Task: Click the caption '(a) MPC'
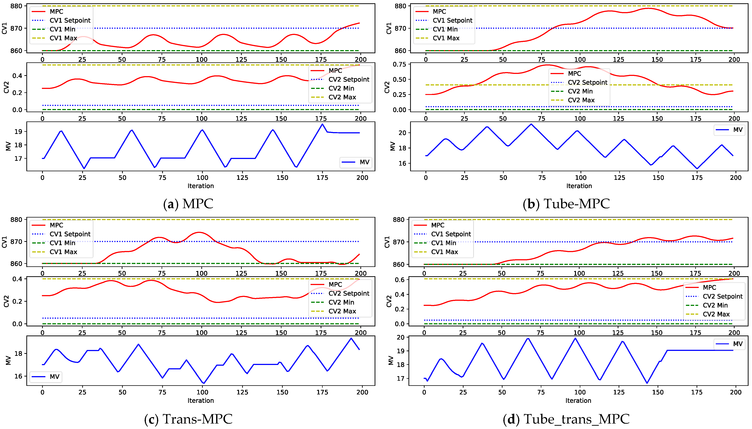click(x=188, y=204)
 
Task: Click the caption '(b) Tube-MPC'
click(x=566, y=204)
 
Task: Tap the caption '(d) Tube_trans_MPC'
click(x=566, y=419)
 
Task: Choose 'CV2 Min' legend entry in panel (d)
click(x=715, y=305)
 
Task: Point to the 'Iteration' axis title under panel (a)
click(x=201, y=186)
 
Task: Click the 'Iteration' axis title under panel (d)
click(x=578, y=401)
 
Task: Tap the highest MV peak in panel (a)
click(x=322, y=124)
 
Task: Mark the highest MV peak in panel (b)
click(x=531, y=124)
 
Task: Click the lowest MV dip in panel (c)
click(x=203, y=383)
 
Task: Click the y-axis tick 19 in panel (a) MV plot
click(x=18, y=132)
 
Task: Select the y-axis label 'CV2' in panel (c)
click(x=6, y=301)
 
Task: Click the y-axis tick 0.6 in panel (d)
click(x=400, y=280)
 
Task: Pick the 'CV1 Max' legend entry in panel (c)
click(x=63, y=252)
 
